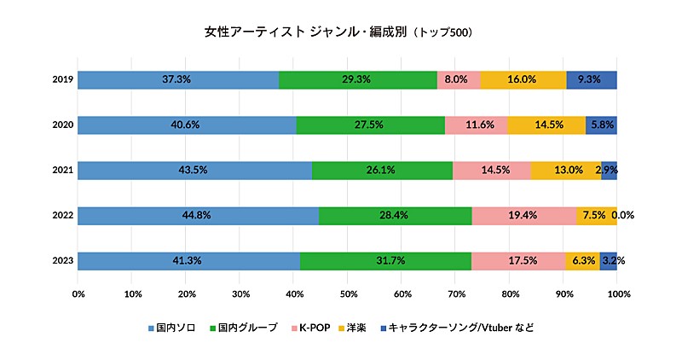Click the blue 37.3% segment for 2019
tap(177, 79)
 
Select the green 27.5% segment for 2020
tap(370, 125)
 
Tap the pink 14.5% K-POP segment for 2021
tap(491, 170)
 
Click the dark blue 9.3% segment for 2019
tap(591, 79)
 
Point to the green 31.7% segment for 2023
tap(385, 260)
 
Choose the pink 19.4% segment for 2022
tap(523, 215)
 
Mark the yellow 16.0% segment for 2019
tap(523, 79)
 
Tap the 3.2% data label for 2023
tap(614, 260)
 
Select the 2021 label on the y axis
tap(61, 170)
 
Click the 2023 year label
tap(61, 260)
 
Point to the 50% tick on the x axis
tap(348, 294)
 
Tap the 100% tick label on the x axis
tap(619, 294)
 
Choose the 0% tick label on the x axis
tap(78, 294)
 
